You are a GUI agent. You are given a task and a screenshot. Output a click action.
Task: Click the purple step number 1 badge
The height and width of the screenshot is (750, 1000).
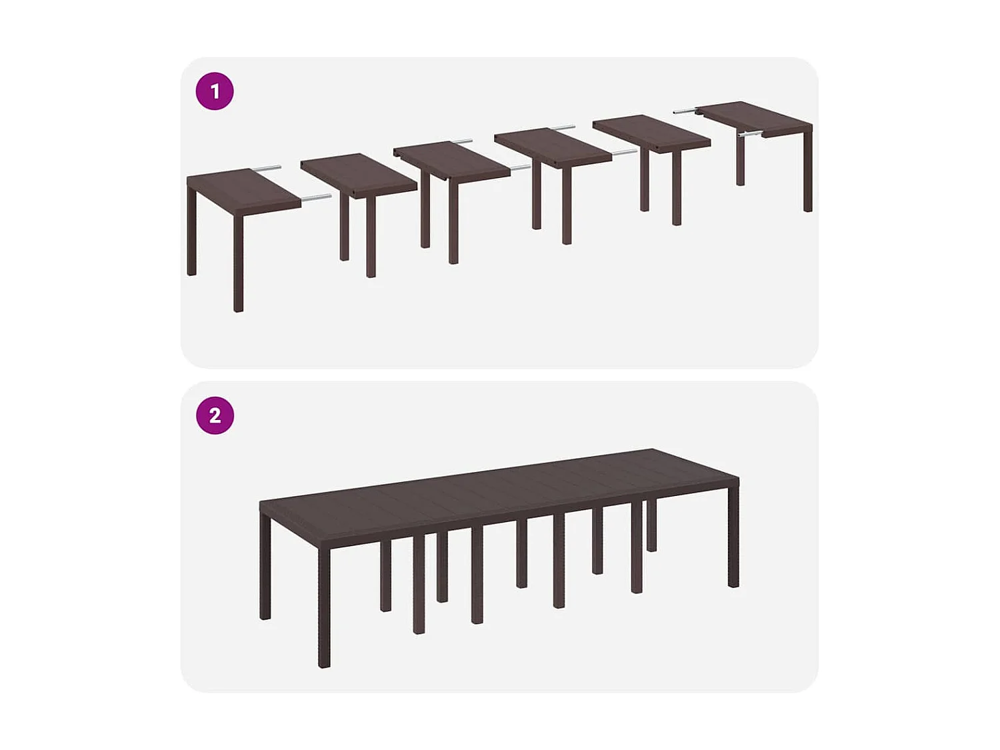pos(215,91)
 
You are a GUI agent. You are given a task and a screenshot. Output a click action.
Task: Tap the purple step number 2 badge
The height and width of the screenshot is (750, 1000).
pos(215,415)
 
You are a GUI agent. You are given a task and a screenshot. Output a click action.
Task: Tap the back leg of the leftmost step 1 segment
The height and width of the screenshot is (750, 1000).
pos(191,233)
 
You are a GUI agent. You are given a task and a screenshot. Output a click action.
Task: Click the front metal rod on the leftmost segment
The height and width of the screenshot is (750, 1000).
pos(316,197)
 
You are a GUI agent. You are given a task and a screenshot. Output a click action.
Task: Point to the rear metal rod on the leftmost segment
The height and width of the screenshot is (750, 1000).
pos(266,169)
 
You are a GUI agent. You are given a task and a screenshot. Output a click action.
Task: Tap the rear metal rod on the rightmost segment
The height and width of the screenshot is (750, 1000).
pos(685,111)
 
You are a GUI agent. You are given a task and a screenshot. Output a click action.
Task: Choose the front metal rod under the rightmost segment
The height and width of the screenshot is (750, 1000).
pos(750,134)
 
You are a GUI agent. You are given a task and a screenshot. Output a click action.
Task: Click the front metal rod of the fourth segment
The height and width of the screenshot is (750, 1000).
pos(624,152)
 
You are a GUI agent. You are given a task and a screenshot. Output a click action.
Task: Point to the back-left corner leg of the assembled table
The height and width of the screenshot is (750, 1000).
pos(265,567)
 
